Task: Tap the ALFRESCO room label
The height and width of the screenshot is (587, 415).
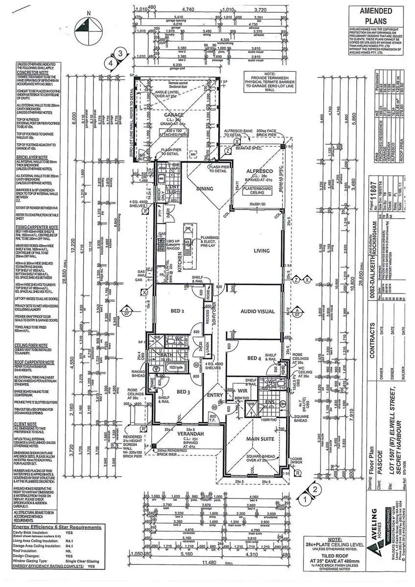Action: pyautogui.click(x=252, y=171)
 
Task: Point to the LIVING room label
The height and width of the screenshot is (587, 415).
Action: pyautogui.click(x=262, y=251)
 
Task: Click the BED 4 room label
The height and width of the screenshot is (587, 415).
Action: pyautogui.click(x=254, y=359)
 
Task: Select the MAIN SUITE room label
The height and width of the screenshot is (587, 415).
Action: pyautogui.click(x=260, y=439)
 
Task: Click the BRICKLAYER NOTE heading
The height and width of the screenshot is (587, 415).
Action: pyautogui.click(x=31, y=158)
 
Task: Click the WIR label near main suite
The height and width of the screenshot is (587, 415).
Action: pyautogui.click(x=242, y=391)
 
